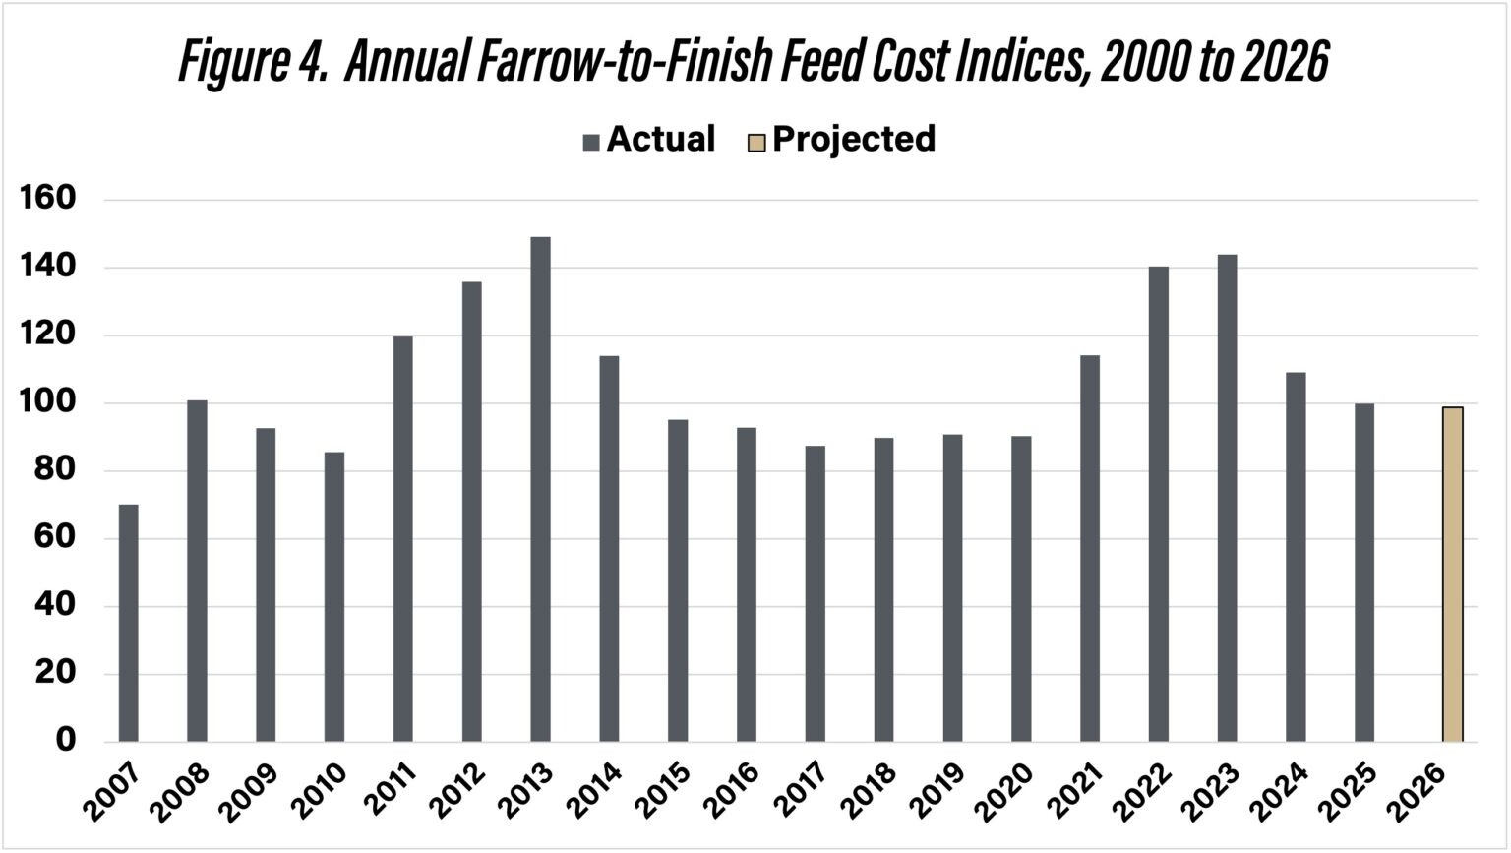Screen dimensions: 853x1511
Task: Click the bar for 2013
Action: pos(540,489)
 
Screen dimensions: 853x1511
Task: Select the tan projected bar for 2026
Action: pos(1452,574)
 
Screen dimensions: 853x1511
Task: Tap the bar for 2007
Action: pos(128,623)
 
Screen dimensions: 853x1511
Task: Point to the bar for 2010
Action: pos(334,596)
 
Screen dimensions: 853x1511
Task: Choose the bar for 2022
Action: pos(1158,504)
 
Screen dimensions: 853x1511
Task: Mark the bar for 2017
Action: pos(815,593)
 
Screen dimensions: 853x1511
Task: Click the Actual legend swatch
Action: pos(591,142)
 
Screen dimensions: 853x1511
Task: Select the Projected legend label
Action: pos(853,140)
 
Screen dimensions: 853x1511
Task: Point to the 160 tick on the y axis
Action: pos(48,199)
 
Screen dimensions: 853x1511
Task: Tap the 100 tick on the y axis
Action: pos(48,402)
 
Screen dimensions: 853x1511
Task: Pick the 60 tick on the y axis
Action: pos(48,538)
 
